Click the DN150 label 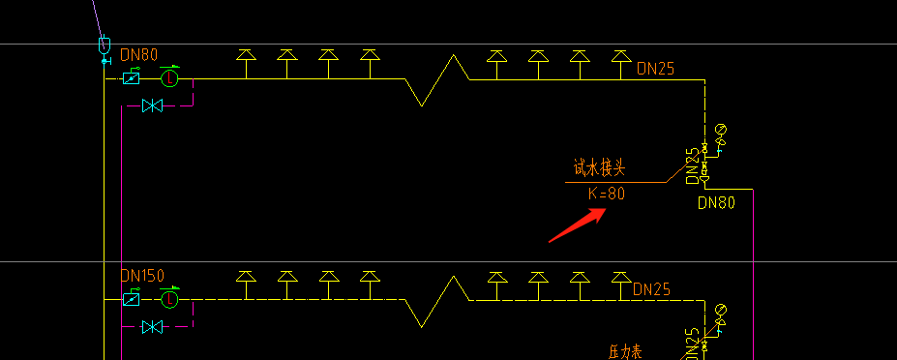[142, 276]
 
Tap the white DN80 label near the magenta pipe [717, 203]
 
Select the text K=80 [607, 194]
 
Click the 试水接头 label [599, 168]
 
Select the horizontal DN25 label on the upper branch [655, 69]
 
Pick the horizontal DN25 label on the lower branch [652, 288]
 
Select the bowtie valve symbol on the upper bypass [151, 105]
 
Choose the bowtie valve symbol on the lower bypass [151, 327]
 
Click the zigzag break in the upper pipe [436, 79]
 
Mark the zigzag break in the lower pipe [436, 301]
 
